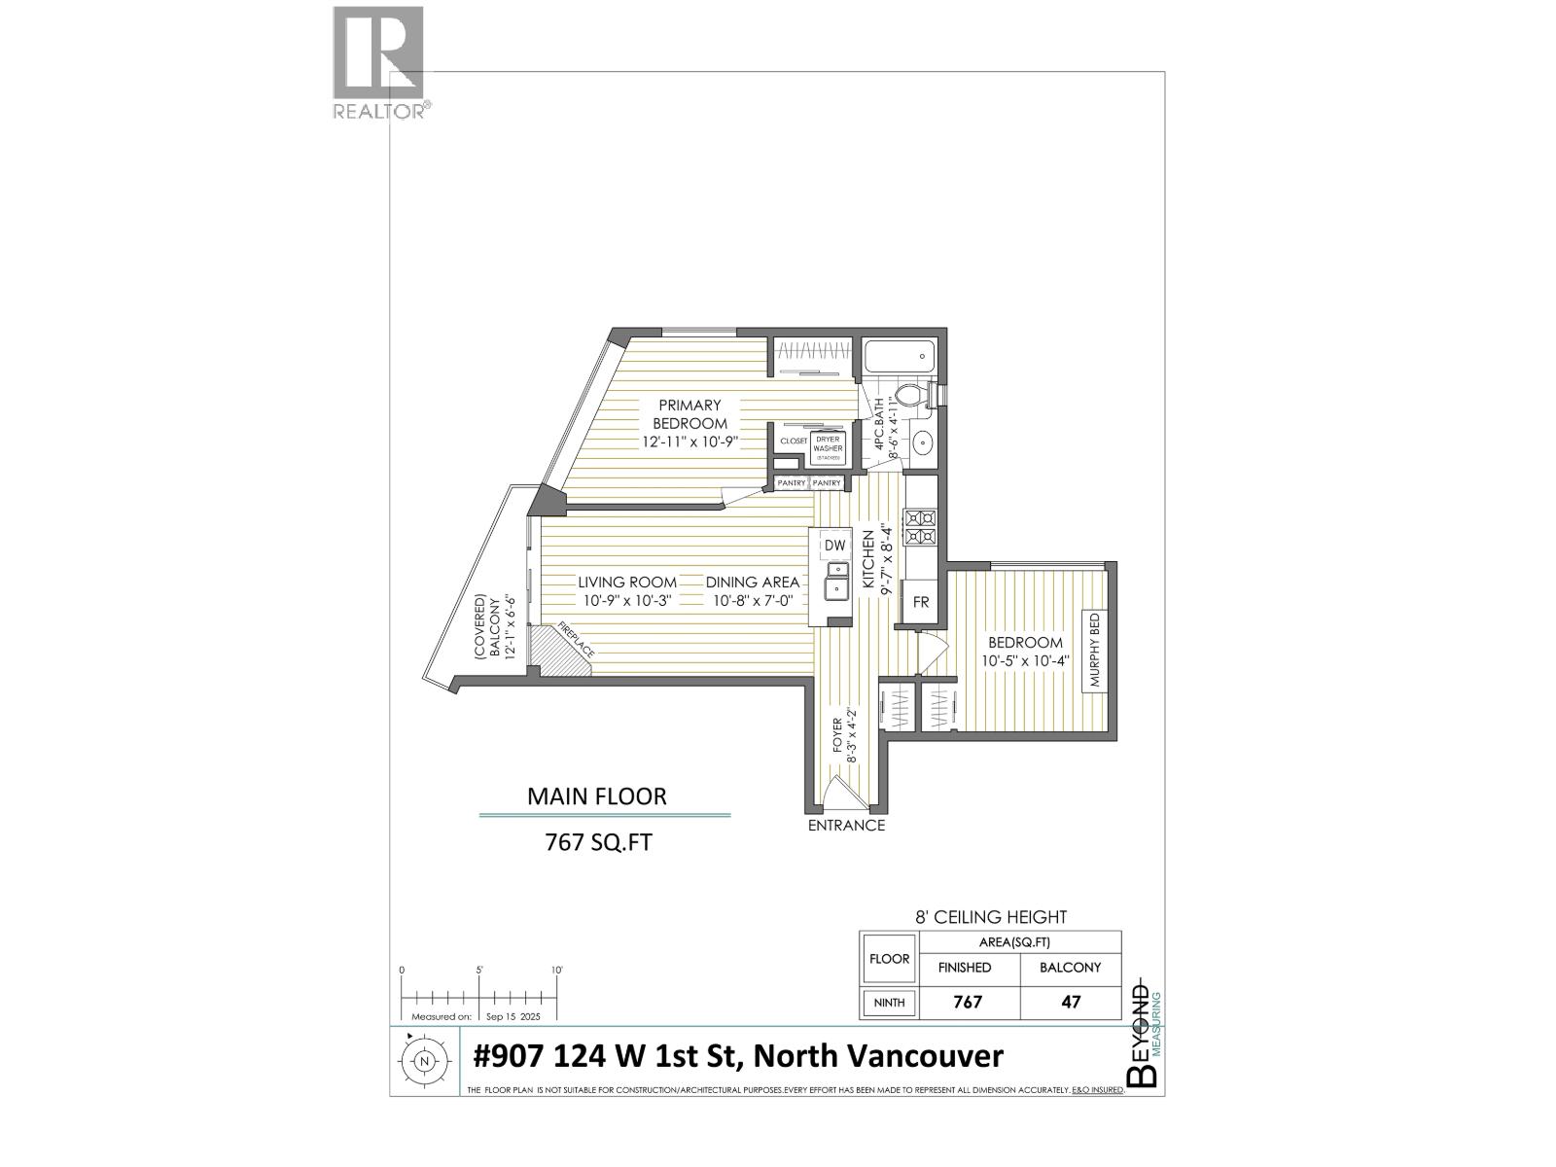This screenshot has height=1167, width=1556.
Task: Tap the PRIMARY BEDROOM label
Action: (x=690, y=414)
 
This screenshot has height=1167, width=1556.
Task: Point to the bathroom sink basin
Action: (x=922, y=444)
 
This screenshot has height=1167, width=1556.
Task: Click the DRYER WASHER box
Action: (x=828, y=448)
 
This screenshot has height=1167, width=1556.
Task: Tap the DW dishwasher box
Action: (x=834, y=546)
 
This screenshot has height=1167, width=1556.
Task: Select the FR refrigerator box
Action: (x=920, y=602)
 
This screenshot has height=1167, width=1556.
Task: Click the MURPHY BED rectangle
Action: (x=1094, y=650)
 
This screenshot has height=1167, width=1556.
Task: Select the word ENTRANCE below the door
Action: (x=846, y=826)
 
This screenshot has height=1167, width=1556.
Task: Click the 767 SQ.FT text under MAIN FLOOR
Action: (x=598, y=842)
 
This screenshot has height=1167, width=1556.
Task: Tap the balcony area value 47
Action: (x=1071, y=1002)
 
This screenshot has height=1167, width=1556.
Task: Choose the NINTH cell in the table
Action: (x=889, y=1002)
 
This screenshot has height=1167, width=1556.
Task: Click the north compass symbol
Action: (x=424, y=1061)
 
